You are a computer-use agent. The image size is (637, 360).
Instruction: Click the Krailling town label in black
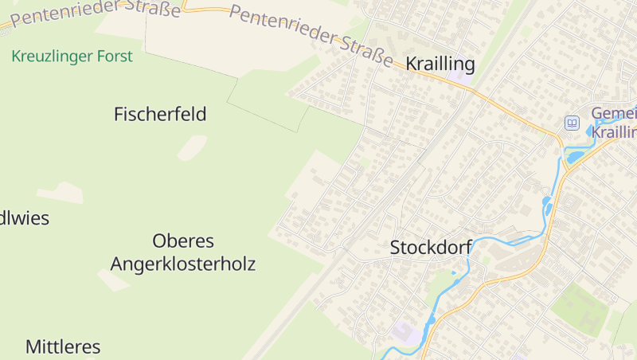(x=440, y=65)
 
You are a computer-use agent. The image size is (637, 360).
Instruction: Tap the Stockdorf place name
(x=430, y=248)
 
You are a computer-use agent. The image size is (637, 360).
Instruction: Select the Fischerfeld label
(x=160, y=114)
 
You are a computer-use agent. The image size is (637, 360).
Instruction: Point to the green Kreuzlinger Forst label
(x=72, y=57)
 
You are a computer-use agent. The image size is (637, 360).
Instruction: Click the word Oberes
(x=183, y=241)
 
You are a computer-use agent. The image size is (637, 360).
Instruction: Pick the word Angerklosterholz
(x=183, y=264)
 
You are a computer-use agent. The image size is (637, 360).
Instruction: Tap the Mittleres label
(x=63, y=346)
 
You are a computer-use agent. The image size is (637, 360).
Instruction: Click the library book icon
(x=572, y=123)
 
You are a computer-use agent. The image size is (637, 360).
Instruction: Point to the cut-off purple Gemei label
(x=615, y=113)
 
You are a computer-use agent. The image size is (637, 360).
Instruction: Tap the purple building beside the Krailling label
(x=459, y=79)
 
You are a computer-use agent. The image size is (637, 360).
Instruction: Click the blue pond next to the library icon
(x=592, y=130)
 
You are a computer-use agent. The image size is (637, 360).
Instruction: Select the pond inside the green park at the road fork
(x=574, y=156)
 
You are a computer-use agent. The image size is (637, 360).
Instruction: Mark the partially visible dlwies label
(x=24, y=218)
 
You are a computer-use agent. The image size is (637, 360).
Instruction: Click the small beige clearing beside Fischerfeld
(x=192, y=147)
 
